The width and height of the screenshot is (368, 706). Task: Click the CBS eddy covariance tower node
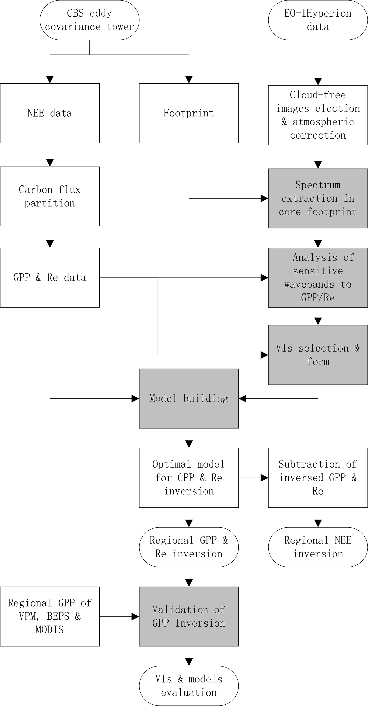tap(89, 20)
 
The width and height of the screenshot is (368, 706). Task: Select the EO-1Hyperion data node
tap(318, 20)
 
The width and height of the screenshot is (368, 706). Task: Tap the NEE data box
tap(50, 113)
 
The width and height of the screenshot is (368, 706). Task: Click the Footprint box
tap(189, 113)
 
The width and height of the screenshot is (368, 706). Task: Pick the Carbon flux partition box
tap(50, 196)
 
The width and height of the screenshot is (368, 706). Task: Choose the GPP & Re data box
tap(50, 277)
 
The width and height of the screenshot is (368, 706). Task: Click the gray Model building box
tap(189, 398)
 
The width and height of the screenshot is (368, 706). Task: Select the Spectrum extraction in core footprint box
tap(318, 198)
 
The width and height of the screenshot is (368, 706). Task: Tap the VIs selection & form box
tap(318, 355)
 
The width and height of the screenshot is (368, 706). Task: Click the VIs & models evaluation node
tap(189, 686)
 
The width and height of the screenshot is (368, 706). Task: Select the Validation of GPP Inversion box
tap(189, 616)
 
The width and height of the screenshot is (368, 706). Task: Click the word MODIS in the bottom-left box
tap(50, 630)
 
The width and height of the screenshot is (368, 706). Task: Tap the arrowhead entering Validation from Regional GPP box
tap(135, 616)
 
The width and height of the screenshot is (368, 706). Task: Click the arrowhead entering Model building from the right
tap(242, 398)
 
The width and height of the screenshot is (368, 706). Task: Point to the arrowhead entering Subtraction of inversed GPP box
tap(264, 478)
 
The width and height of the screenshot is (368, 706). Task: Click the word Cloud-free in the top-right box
tap(318, 95)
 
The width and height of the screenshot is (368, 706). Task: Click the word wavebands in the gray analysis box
tap(309, 284)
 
